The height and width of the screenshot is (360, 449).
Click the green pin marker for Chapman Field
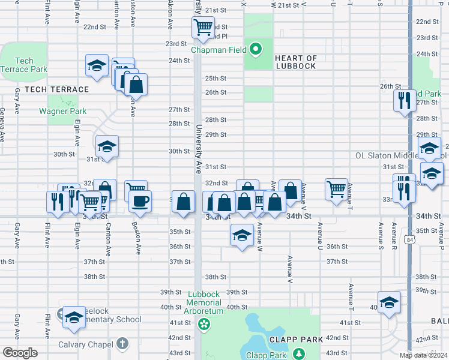(255, 49)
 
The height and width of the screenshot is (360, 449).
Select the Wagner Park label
(62, 111)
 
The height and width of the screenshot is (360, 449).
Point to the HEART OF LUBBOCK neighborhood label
(295, 62)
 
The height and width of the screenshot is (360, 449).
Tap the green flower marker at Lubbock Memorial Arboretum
(205, 325)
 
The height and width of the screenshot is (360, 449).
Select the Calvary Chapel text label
(86, 344)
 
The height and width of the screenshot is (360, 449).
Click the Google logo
(20, 353)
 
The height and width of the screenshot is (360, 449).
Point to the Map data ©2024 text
(424, 355)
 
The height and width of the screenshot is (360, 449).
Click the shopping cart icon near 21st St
(203, 27)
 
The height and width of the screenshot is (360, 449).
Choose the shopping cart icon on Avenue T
(337, 188)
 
